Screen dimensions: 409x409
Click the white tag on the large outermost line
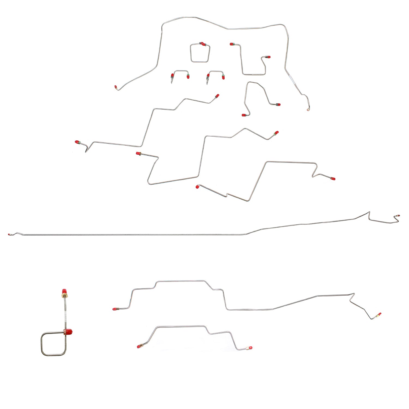291,78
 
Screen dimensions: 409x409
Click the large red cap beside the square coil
69,332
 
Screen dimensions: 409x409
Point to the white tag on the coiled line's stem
65,316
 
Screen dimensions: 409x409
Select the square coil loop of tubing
53,344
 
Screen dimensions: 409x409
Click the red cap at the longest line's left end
10,234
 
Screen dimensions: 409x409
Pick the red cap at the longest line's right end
398,215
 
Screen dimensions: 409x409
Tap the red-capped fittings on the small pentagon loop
202,44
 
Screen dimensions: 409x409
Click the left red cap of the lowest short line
139,347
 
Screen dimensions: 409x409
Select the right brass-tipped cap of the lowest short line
249,348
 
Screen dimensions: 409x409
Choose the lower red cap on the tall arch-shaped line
243,115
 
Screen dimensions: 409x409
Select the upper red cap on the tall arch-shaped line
278,104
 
